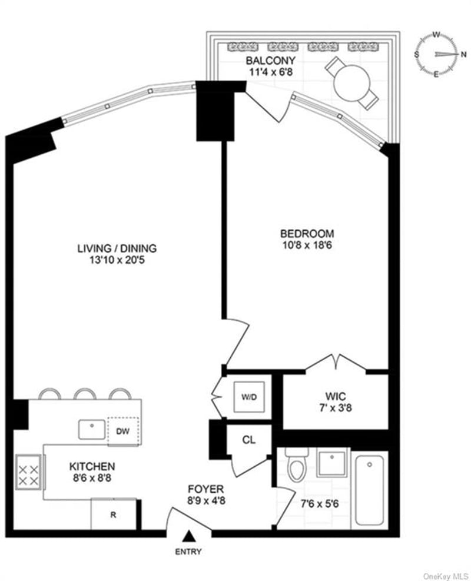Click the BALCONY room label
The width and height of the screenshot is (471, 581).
(270, 61)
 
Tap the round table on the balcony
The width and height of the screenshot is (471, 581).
(351, 82)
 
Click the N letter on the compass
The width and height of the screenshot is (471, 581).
(463, 54)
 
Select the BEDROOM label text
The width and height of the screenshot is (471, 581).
(307, 234)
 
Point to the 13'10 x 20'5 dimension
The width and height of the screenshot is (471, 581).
(117, 260)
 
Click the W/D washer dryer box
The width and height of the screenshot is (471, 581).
(249, 397)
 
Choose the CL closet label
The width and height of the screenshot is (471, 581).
(248, 440)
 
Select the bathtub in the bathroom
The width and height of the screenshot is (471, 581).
(370, 490)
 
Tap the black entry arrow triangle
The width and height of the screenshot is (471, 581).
(189, 536)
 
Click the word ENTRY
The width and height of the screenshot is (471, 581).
(188, 552)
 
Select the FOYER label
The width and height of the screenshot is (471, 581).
(205, 489)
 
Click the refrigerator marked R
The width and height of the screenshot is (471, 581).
(114, 514)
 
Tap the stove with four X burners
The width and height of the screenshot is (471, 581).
(28, 472)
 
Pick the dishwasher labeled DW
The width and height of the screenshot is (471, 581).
(123, 431)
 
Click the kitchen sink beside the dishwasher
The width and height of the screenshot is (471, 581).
(91, 430)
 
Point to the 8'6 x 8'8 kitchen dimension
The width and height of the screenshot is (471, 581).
(92, 478)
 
